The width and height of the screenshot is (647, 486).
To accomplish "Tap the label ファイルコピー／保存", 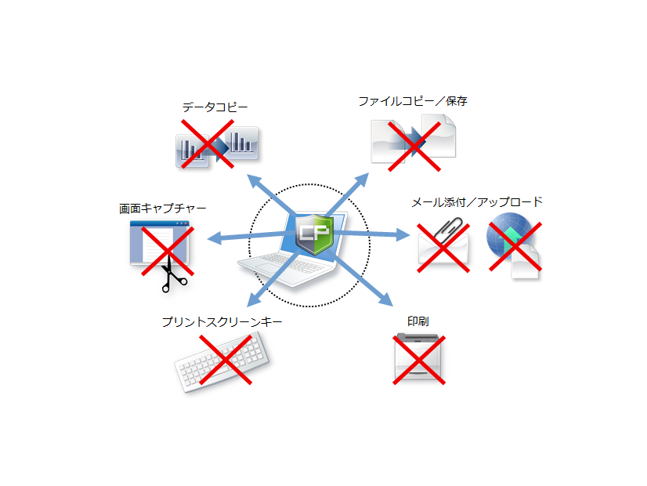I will pyautogui.click(x=413, y=101).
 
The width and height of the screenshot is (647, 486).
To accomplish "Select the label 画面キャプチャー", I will pyautogui.click(x=163, y=209).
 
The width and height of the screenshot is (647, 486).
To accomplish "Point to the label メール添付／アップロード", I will pyautogui.click(x=477, y=202).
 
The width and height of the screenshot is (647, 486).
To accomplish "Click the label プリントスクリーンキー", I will pyautogui.click(x=222, y=321).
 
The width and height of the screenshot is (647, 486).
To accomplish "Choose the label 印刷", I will pyautogui.click(x=417, y=321).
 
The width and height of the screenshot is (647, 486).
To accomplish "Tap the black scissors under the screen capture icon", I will pyautogui.click(x=172, y=277).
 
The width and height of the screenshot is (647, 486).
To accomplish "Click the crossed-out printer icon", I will pyautogui.click(x=419, y=360).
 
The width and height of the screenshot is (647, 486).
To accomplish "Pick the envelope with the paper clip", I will pyautogui.click(x=443, y=245).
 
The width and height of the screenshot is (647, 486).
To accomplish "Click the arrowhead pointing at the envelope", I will pyautogui.click(x=403, y=234).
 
